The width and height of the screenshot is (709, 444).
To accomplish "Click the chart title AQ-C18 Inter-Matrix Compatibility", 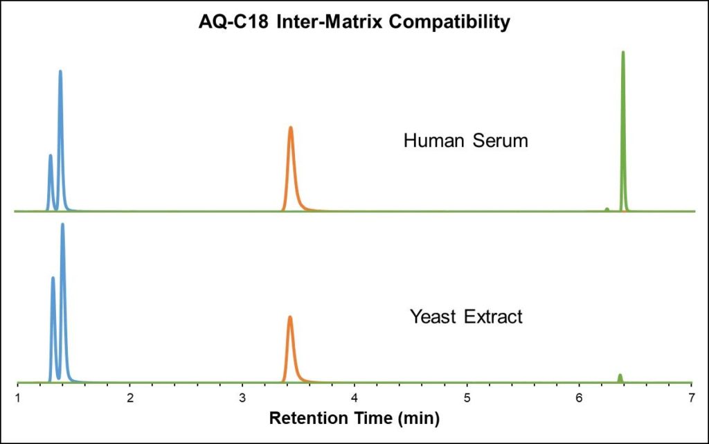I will pos(354,22).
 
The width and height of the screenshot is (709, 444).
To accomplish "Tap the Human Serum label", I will pos(465,141).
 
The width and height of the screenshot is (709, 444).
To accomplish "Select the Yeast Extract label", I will pos(465,317).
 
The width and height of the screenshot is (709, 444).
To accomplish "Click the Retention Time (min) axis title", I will pos(354,418).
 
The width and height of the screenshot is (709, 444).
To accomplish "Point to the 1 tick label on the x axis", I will pos(17,398).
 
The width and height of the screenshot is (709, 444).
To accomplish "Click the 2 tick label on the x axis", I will pos(130,398).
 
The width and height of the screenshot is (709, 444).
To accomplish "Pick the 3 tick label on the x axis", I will pos(242,398).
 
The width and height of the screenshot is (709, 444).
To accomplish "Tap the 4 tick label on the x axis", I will pos(354,398).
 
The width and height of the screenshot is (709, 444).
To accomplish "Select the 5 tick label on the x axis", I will pos(467,398).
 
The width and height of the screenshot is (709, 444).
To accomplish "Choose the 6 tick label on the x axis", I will pos(579,398).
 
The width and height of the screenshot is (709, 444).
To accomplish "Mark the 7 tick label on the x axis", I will pos(691,398).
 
